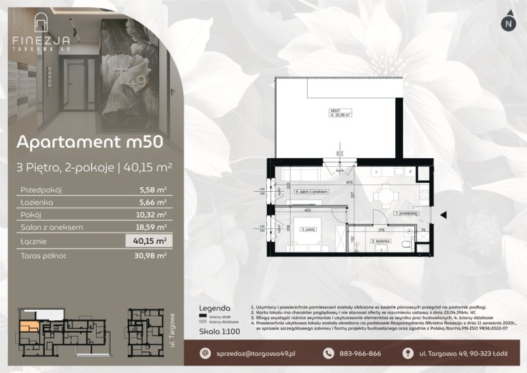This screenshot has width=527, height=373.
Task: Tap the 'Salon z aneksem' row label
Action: [51, 227]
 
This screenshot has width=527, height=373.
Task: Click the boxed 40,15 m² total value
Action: [152, 241]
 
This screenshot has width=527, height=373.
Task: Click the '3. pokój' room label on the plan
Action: [307, 229]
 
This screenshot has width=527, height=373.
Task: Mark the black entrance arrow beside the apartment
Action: [443, 214]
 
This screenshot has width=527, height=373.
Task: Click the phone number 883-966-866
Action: [360, 354]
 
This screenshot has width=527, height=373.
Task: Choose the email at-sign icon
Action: [204, 354]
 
